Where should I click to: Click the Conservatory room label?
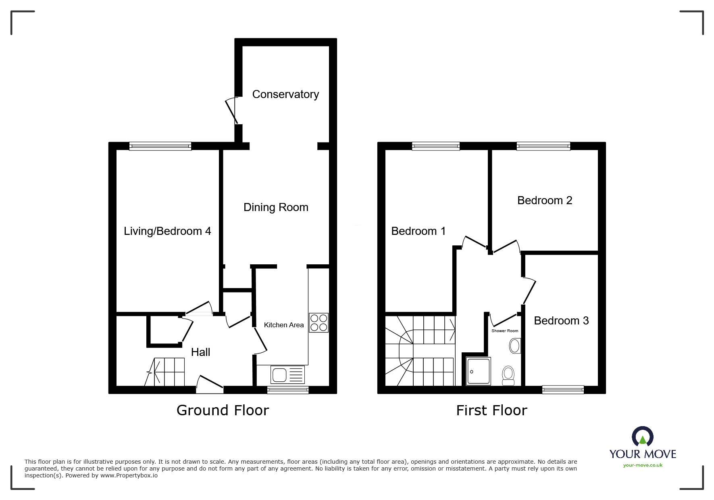coord(285,94)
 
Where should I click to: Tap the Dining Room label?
coord(276,207)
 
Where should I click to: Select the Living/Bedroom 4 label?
coord(167,231)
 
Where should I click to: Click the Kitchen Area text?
coord(284,325)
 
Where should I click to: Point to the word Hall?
coord(201,352)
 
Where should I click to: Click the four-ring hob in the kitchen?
coord(319,323)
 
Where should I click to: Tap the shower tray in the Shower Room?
coord(479,371)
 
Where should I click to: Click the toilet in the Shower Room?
coord(508,376)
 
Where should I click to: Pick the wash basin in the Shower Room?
coord(515,346)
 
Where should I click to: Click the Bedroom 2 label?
coord(545,201)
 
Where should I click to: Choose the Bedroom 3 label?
coord(561,321)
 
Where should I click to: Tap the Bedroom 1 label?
coord(418,231)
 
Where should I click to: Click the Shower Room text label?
coord(505,331)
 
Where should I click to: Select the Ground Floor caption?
coord(223,410)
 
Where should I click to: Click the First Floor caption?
coord(491,410)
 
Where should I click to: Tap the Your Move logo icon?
coord(642,437)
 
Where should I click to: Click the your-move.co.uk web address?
coord(643,465)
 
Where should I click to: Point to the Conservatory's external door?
coord(232,110)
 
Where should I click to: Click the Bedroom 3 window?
coord(563,389)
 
